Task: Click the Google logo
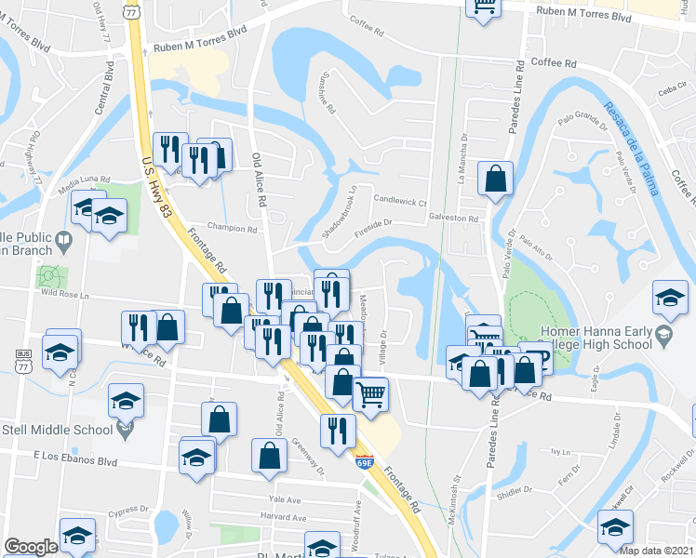click(30, 547)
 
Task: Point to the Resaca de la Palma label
click(633, 149)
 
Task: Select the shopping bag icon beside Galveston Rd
click(496, 177)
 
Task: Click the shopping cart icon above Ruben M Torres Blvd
click(483, 6)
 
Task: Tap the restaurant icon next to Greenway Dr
click(337, 430)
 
